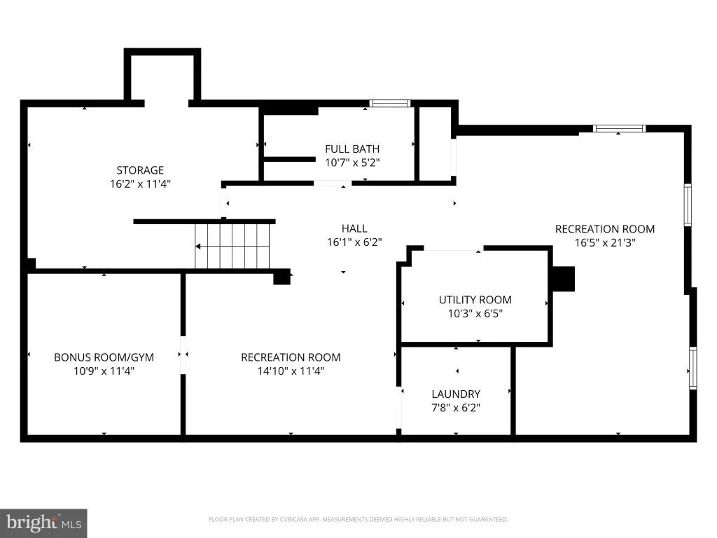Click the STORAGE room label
[x=140, y=170]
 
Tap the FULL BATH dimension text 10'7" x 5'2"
[x=352, y=163]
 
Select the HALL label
[x=354, y=228]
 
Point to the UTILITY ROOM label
[x=475, y=300]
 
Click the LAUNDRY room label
[x=456, y=394]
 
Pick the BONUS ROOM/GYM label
[x=104, y=357]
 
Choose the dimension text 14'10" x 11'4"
[x=291, y=371]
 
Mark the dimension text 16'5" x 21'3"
[x=605, y=242]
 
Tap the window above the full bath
[x=390, y=104]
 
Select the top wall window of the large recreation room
[x=620, y=129]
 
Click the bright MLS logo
[x=43, y=523]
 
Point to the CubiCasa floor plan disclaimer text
[x=358, y=519]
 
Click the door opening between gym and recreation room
[x=183, y=355]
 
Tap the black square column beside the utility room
[x=564, y=279]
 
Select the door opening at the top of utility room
[x=454, y=249]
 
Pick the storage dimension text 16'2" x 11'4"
[x=140, y=184]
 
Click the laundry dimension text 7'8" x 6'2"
[x=456, y=408]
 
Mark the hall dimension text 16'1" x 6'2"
[x=354, y=242]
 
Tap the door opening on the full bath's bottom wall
[x=333, y=184]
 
